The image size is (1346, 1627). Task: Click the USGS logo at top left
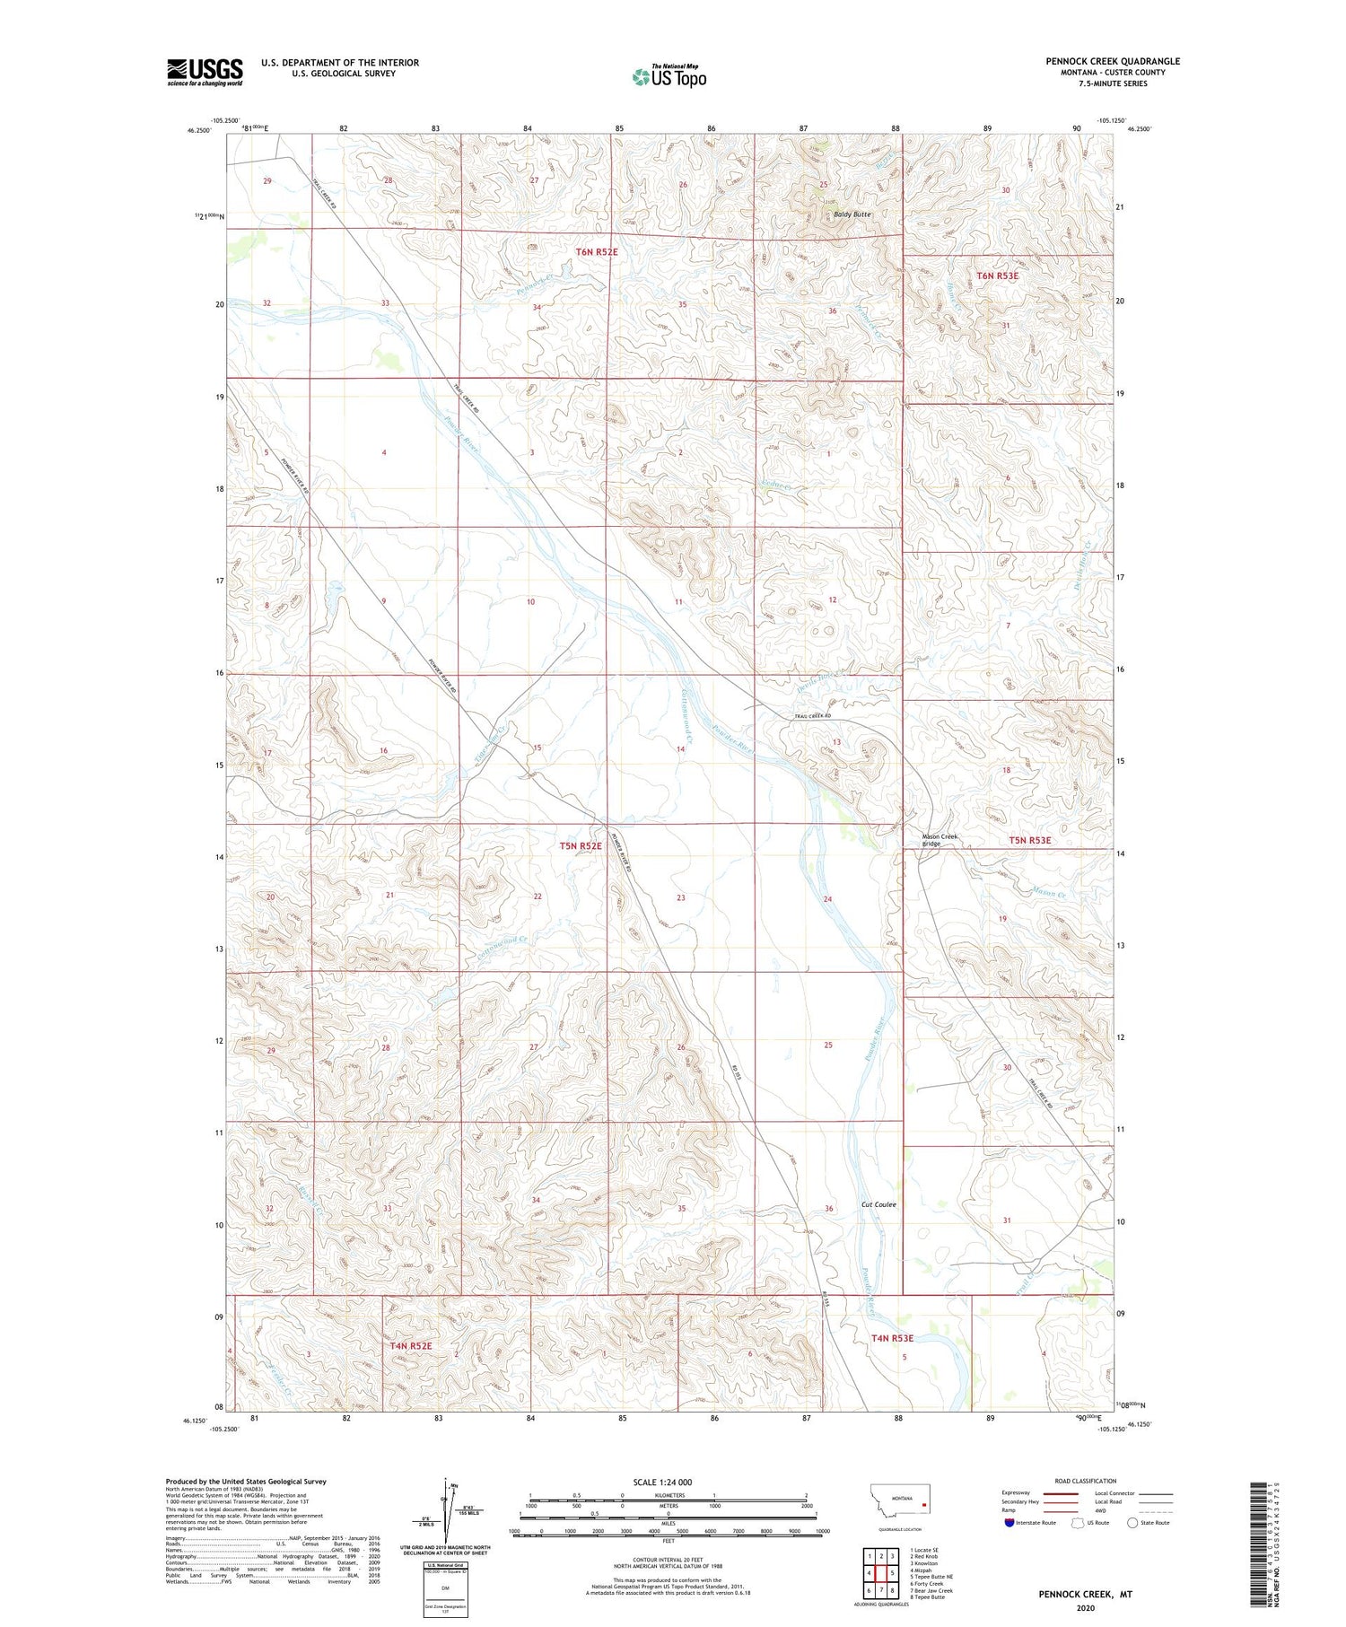click(x=205, y=72)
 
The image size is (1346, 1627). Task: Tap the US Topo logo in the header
click(x=669, y=77)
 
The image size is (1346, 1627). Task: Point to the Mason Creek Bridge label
click(x=940, y=840)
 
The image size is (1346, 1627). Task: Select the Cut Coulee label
click(x=878, y=1204)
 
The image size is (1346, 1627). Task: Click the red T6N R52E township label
click(x=596, y=252)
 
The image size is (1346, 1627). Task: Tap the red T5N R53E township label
click(x=1029, y=841)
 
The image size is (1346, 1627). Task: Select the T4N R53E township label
click(x=892, y=1338)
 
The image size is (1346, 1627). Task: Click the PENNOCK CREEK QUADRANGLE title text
click(x=1112, y=61)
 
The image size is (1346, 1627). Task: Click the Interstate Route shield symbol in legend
click(x=1009, y=1523)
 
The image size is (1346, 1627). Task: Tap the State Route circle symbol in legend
click(x=1132, y=1523)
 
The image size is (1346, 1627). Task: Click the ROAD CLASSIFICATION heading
click(x=1086, y=1482)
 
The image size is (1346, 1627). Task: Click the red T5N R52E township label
click(x=581, y=845)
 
